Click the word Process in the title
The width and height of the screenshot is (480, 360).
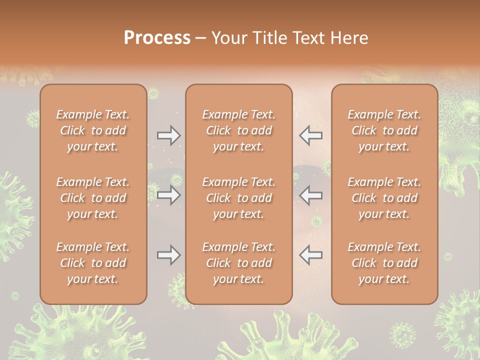point(157,38)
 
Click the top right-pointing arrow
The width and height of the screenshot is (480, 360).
point(168,135)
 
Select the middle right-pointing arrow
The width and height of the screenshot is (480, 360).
point(168,195)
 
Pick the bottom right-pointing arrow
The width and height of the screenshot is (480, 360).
point(168,255)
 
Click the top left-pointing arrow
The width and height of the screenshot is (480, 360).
point(311,135)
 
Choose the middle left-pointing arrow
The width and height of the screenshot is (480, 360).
point(311,195)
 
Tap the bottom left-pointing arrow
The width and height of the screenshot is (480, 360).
point(311,255)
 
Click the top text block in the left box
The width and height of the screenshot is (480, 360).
point(93,130)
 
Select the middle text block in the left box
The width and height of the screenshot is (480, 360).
point(93,198)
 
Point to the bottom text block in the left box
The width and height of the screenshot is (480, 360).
point(93,263)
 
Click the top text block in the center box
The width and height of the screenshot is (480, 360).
point(238,130)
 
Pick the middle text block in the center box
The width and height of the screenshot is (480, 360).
point(238,198)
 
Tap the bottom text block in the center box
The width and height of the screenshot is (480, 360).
point(238,263)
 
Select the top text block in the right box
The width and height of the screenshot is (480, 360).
point(384,130)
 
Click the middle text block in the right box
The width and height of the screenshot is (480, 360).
point(384,198)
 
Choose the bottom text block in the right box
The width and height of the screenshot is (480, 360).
point(384,263)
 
